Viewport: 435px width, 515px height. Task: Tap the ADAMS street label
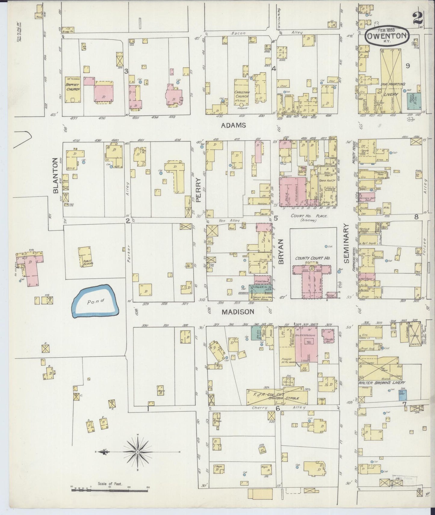click(x=233, y=125)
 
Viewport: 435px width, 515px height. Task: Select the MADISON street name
click(x=238, y=312)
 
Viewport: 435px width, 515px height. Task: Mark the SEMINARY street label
click(x=346, y=243)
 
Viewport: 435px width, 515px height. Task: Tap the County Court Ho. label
click(x=309, y=258)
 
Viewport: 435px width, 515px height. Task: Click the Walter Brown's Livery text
click(x=381, y=382)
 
